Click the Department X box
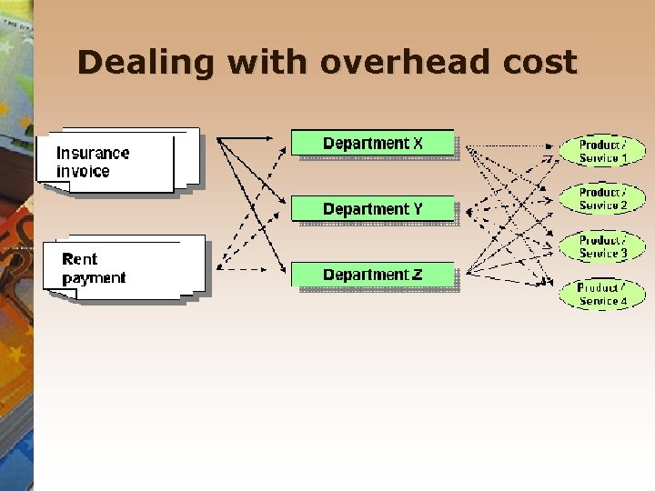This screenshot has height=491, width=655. coord(373,144)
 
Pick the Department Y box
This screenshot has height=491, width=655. coord(373,209)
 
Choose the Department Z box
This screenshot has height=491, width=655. coord(373,275)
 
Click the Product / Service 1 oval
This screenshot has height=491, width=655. coord(602,151)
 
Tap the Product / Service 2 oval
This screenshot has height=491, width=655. coord(602,198)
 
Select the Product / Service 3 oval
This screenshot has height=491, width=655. coord(602,246)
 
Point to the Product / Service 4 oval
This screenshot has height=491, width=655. coord(602,294)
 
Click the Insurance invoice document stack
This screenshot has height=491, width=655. coord(114,161)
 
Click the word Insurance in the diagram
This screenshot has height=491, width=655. coord(93,153)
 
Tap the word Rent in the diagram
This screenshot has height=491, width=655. coord(79,259)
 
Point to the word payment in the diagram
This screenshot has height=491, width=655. coord(94,277)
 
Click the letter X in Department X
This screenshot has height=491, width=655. coord(418,144)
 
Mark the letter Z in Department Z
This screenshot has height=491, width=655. coord(417,275)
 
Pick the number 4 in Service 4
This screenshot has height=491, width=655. coord(623,301)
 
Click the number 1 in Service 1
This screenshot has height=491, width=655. coord(624,158)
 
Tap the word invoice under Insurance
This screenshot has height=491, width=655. coord(83,171)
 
